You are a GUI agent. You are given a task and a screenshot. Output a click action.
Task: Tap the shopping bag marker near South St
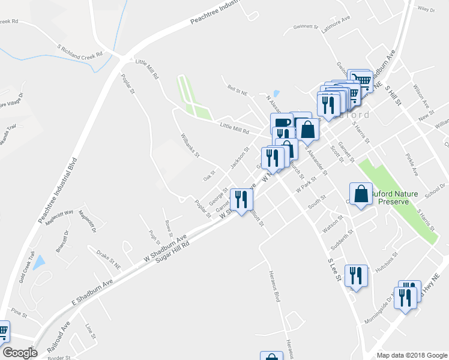tap(361, 194)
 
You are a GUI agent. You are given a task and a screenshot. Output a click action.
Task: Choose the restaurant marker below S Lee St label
tap(357, 277)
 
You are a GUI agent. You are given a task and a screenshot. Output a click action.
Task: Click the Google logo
tap(19, 353)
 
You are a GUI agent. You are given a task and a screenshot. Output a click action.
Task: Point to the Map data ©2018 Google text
tap(411, 355)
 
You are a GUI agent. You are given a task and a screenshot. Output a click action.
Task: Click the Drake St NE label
tap(109, 257)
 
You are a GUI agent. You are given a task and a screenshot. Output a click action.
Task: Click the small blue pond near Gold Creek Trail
tap(39, 262)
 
